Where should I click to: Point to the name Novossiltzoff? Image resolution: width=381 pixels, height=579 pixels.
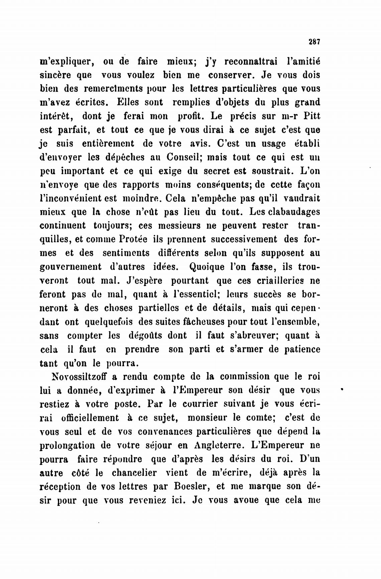tap(79, 377)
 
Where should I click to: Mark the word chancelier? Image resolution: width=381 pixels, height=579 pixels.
tap(134, 473)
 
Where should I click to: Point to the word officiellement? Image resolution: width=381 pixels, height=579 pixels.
tap(90, 418)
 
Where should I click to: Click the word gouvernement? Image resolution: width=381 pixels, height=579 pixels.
tap(71, 267)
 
